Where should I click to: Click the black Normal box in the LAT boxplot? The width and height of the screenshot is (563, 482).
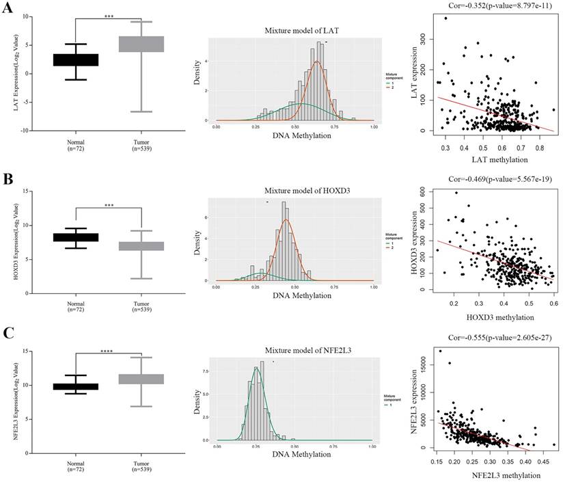tap(75, 59)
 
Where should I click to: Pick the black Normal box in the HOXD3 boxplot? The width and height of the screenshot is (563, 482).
tap(75, 237)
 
